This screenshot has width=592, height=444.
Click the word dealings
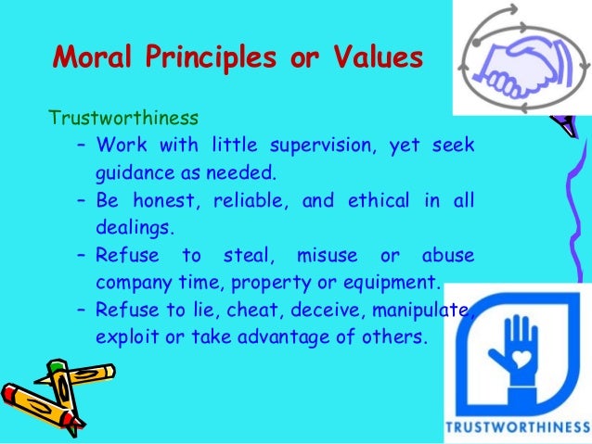(130, 226)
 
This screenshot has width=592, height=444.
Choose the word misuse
(324, 254)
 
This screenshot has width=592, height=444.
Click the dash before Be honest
(81, 199)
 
